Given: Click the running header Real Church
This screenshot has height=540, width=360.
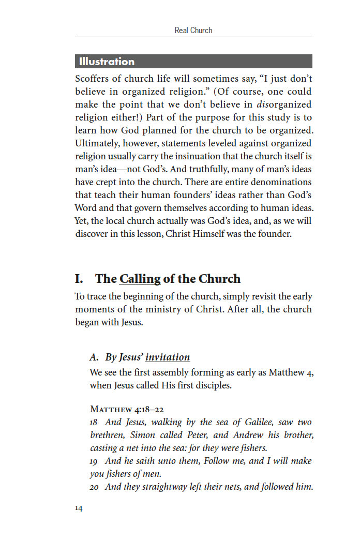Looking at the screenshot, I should tap(193, 31).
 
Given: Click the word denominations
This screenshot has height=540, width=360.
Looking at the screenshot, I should tap(281, 182).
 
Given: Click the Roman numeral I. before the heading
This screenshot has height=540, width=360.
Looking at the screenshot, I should tap(79, 279).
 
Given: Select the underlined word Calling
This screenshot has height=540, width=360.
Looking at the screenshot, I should tap(140, 279).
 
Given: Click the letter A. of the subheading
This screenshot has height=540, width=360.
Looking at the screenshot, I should tap(94, 357).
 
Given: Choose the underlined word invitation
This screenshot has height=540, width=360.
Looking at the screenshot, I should tap(168, 357).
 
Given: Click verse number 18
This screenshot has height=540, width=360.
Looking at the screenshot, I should tap(94, 423).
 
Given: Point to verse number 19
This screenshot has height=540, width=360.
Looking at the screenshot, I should tap(94, 461).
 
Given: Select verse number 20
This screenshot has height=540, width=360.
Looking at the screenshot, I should tap(94, 487).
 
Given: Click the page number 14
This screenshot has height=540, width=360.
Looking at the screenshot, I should tap(78, 508).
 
